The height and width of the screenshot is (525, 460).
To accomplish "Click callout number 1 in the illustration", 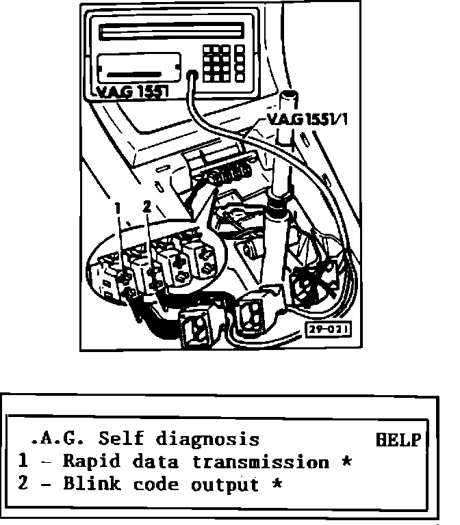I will coord(118,206).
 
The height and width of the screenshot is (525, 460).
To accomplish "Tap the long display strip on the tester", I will coord(170,31).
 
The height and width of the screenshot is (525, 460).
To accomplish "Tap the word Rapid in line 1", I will coord(87,462).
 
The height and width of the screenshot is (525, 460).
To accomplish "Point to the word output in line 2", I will coord(225,486).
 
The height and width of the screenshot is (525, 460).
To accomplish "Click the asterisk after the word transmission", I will coord(346,462).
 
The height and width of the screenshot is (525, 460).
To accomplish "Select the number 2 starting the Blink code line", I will coord(23,485).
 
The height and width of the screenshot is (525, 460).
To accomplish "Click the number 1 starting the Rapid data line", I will coord(23,462).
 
